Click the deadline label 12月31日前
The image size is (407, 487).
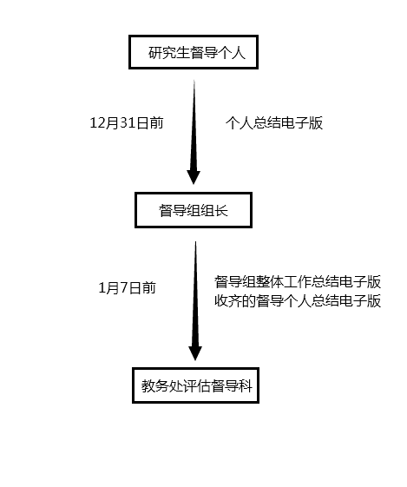127,123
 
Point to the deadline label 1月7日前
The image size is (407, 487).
127,287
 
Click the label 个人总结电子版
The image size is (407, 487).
274,123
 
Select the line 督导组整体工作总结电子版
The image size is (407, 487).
298,282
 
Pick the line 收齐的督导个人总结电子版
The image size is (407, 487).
298,300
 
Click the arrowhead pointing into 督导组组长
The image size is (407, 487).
194,177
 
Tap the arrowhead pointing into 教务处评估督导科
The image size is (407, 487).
195,353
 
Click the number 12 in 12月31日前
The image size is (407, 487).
97,123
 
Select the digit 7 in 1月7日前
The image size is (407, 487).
124,288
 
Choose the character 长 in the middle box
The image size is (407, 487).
221,210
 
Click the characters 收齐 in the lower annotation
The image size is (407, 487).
228,300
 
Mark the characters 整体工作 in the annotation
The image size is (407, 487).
284,282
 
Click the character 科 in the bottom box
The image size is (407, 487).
246,386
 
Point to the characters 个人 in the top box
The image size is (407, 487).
232,52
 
